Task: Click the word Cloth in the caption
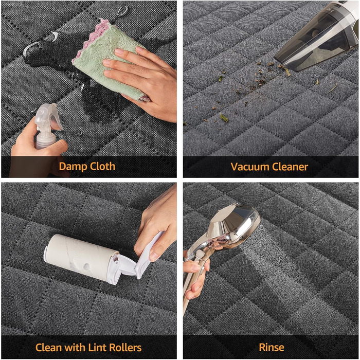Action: [102, 166]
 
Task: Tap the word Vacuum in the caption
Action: [248, 167]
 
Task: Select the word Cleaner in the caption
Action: [289, 167]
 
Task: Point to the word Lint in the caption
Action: [97, 347]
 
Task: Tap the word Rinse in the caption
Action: [272, 347]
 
